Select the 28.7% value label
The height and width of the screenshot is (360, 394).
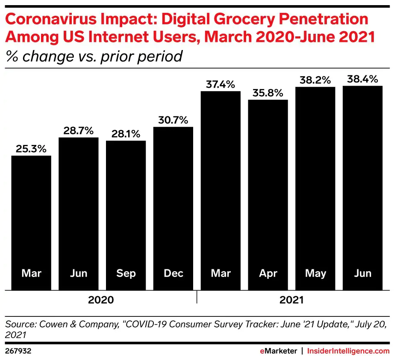pyautogui.click(x=79, y=131)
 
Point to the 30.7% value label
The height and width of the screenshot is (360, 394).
pyautogui.click(x=173, y=120)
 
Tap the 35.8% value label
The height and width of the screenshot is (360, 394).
pyautogui.click(x=268, y=93)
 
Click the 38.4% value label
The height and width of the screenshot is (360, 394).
pyautogui.click(x=362, y=79)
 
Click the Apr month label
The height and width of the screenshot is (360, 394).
pyautogui.click(x=268, y=273)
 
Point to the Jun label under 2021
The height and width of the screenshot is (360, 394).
pyautogui.click(x=362, y=273)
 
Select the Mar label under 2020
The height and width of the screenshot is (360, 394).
pyautogui.click(x=31, y=273)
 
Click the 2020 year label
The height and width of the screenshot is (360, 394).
pyautogui.click(x=101, y=300)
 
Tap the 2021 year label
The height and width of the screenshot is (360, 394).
pyautogui.click(x=291, y=300)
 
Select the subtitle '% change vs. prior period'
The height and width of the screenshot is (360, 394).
pyautogui.click(x=94, y=56)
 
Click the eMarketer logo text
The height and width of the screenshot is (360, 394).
pyautogui.click(x=278, y=351)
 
